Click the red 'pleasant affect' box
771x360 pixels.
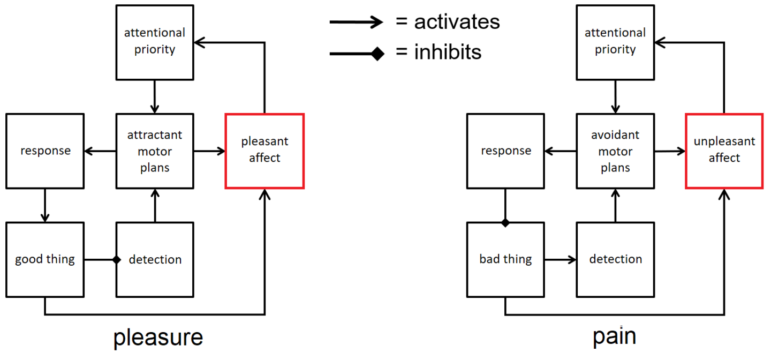click(x=264, y=151)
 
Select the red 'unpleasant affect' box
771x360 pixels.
click(x=724, y=151)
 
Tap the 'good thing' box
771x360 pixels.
click(x=45, y=260)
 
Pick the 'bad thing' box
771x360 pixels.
click(x=505, y=260)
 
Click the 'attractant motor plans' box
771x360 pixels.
click(x=155, y=151)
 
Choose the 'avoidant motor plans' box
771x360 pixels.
click(x=615, y=151)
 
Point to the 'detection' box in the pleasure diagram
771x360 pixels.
click(x=155, y=260)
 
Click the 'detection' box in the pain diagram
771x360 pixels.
click(x=615, y=260)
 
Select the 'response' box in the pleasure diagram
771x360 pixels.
click(x=45, y=151)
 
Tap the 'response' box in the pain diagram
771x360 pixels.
click(x=505, y=151)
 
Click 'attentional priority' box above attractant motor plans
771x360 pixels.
click(x=155, y=41)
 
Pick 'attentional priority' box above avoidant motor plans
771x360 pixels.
click(x=615, y=41)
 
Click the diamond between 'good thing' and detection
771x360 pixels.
click(x=116, y=260)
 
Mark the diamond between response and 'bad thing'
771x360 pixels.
click(x=505, y=222)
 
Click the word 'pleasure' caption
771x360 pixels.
click(x=158, y=337)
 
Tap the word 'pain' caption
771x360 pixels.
click(x=614, y=336)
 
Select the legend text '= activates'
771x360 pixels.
click(x=448, y=22)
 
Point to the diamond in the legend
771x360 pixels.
click(x=377, y=53)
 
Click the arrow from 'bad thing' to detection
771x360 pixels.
click(x=560, y=260)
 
